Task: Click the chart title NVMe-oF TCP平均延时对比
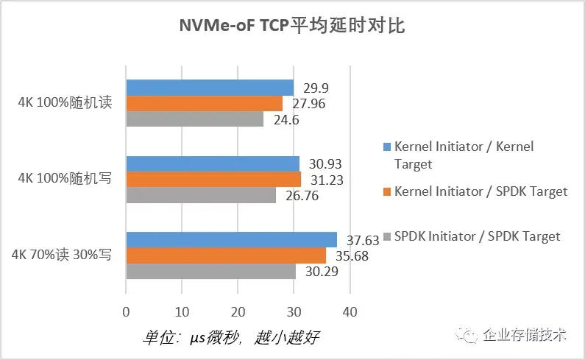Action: click(292, 27)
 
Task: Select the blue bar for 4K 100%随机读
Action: click(210, 88)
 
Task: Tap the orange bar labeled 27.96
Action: click(205, 103)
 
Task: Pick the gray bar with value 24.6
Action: click(195, 119)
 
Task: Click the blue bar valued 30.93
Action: click(213, 163)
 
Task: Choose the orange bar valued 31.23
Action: click(213, 179)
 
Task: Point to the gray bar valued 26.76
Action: click(201, 194)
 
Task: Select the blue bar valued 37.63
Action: click(231, 239)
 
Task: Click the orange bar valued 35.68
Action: click(226, 255)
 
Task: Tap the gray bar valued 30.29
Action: click(211, 271)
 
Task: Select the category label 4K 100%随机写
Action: click(65, 179)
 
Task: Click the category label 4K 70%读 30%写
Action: click(60, 255)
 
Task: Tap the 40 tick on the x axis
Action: click(350, 311)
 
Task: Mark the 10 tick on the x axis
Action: click(182, 311)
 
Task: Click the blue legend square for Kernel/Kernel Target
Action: click(386, 147)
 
